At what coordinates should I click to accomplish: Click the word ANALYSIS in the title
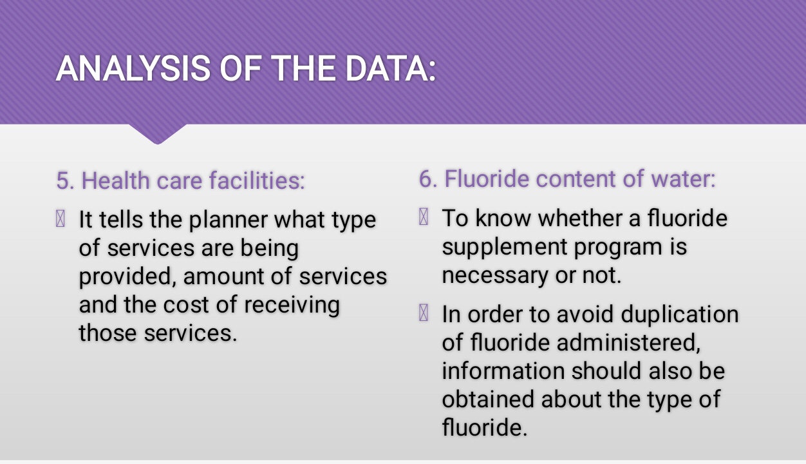133,68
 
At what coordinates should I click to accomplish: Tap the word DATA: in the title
390,68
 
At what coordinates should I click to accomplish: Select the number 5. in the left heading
66,180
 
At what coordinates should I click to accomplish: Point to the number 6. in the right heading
428,179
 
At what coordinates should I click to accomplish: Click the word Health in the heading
115,180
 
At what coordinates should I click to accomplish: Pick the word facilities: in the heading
257,180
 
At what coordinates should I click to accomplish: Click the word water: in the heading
683,179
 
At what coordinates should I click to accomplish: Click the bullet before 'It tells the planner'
61,218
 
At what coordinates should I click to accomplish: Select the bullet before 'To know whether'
424,217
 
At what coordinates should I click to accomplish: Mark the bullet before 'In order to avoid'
424,313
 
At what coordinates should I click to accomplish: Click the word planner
228,220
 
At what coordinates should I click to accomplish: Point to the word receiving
292,305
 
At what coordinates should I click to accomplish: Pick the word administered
628,342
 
